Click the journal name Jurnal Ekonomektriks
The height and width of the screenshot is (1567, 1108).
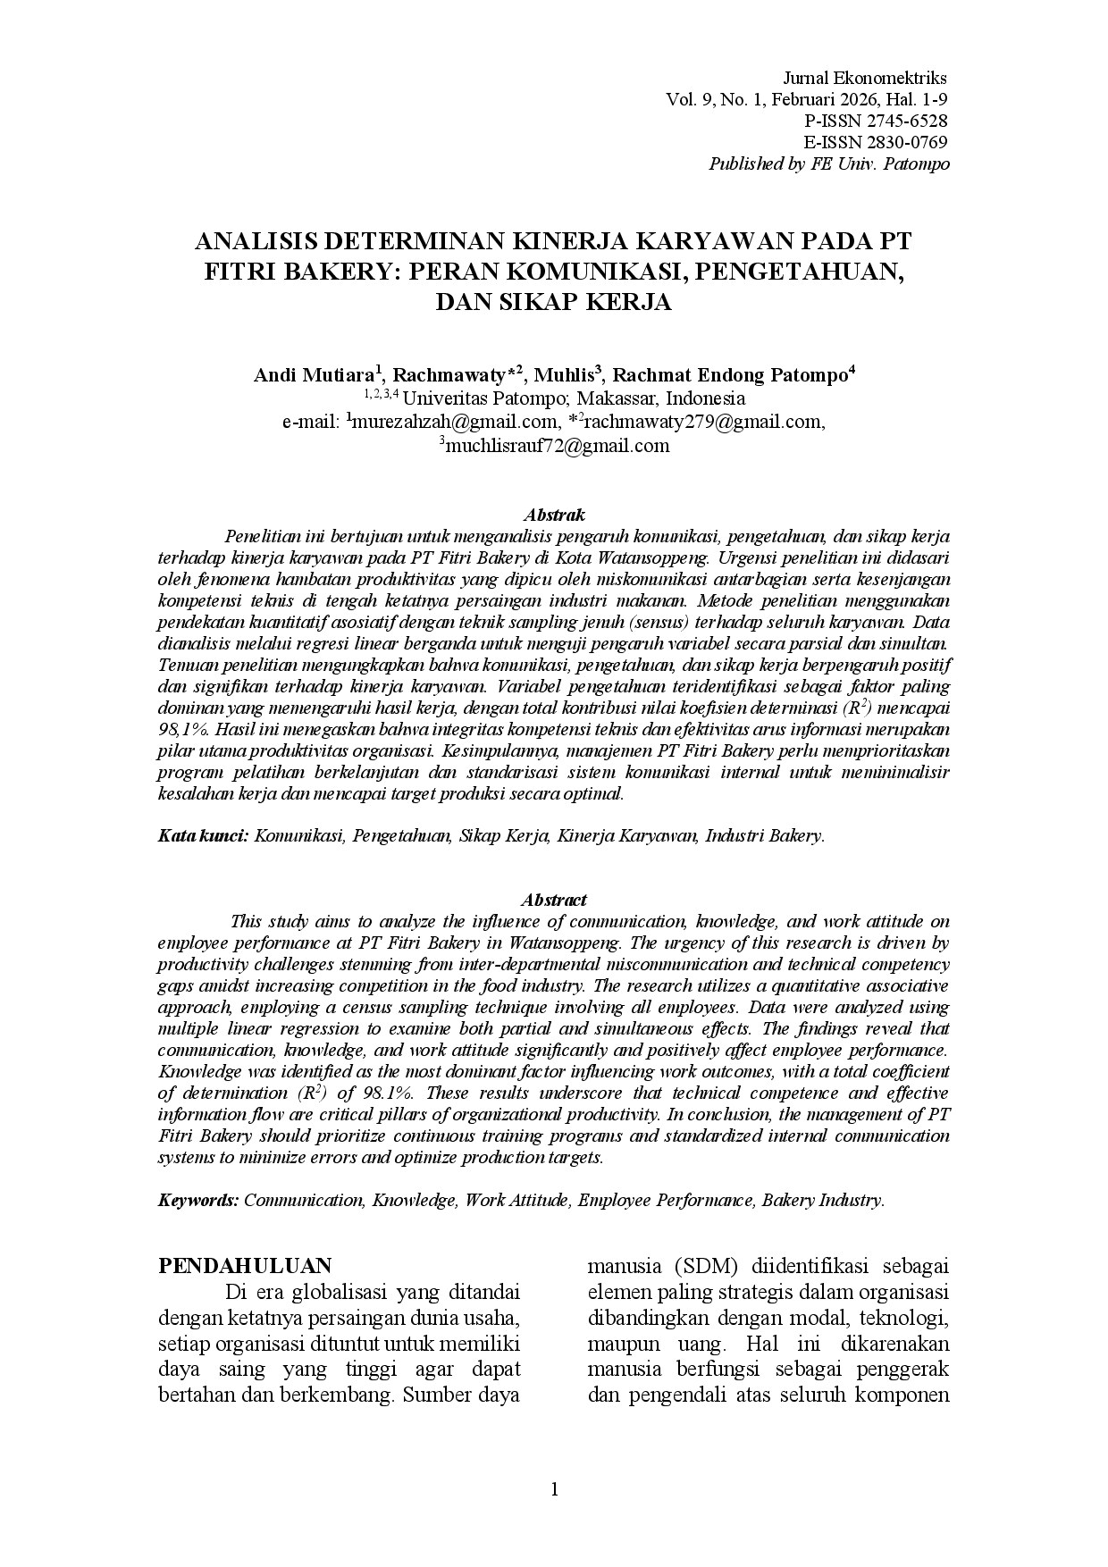[x=864, y=78]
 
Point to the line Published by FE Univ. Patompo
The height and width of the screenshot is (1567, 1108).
[x=828, y=164]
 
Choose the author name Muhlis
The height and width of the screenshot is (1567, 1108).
[x=564, y=375]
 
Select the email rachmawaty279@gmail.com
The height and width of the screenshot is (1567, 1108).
[x=702, y=423]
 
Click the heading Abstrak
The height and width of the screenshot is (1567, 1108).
[x=554, y=515]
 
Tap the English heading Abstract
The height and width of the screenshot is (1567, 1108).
[x=554, y=900]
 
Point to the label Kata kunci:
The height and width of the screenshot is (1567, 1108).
[x=203, y=836]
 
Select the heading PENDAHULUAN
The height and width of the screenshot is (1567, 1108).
[x=245, y=1265]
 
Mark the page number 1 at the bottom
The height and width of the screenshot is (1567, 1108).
[x=554, y=1489]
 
